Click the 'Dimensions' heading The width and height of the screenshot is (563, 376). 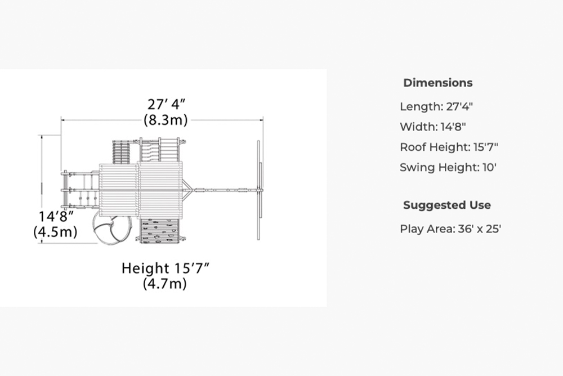[x=437, y=83]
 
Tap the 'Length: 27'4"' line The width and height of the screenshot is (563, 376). [x=436, y=106]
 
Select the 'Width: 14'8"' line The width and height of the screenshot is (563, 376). [x=432, y=127]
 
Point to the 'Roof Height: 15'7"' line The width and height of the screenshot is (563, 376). [x=449, y=147]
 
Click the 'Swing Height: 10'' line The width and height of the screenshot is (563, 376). [x=448, y=168]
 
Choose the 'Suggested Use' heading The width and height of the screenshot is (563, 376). [x=446, y=205]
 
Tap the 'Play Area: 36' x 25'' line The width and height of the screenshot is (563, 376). [x=450, y=229]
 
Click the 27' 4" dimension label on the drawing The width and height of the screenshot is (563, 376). [x=166, y=104]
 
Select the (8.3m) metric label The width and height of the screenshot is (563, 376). [x=166, y=119]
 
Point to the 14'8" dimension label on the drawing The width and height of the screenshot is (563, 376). [x=56, y=217]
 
